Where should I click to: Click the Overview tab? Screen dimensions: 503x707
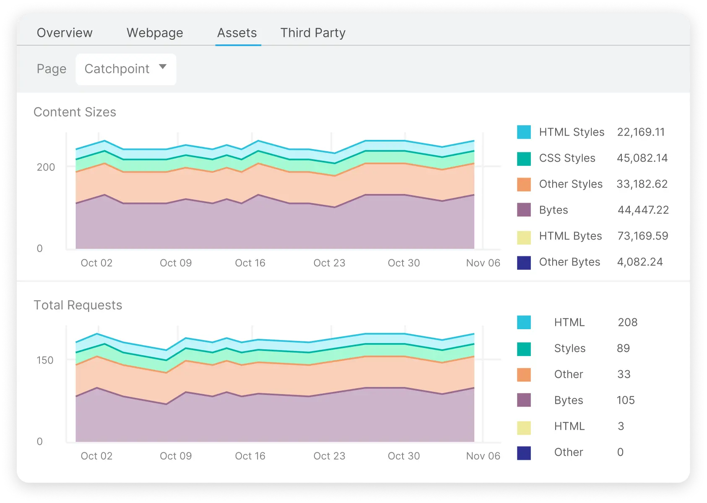(x=65, y=33)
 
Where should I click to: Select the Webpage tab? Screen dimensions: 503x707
(x=155, y=33)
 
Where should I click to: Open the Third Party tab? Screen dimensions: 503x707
(x=313, y=33)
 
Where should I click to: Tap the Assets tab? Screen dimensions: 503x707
(x=237, y=33)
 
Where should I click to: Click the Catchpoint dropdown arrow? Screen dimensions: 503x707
(x=163, y=67)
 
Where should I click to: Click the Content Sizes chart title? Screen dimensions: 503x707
(x=75, y=112)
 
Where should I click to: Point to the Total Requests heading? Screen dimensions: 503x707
(x=78, y=305)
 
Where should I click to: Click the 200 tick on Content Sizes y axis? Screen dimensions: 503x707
(x=46, y=167)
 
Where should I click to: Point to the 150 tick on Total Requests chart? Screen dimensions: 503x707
(x=45, y=360)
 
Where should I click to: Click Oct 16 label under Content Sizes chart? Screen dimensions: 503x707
(x=250, y=263)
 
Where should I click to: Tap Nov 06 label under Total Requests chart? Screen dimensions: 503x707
(x=483, y=456)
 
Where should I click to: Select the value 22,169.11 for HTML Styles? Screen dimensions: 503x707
(x=641, y=132)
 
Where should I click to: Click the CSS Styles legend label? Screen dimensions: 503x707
(x=567, y=158)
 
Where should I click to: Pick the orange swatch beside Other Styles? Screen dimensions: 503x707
(x=524, y=184)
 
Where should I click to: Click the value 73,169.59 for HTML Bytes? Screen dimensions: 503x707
(x=642, y=236)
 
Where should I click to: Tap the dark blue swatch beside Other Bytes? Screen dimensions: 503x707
(x=524, y=263)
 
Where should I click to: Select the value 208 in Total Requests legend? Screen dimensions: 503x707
(x=627, y=322)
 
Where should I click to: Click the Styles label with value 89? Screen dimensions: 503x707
(x=569, y=348)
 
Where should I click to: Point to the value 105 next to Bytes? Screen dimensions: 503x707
(x=625, y=400)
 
